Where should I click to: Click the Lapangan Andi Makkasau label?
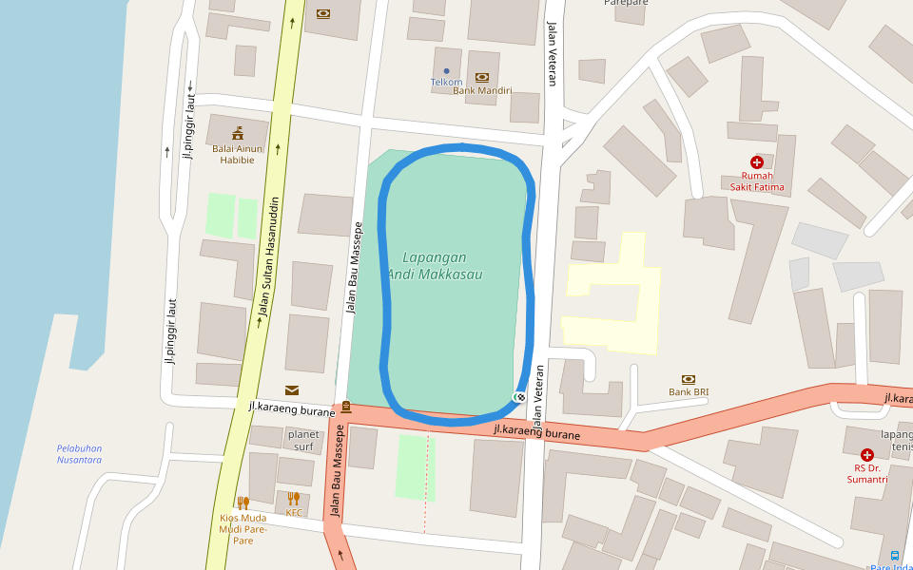[434, 265]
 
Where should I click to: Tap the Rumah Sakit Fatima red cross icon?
[757, 162]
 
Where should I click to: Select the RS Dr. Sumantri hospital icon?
[867, 455]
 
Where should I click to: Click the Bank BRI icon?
[689, 379]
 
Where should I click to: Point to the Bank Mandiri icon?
[482, 77]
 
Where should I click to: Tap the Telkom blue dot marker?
[446, 70]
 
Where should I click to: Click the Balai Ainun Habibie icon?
[237, 132]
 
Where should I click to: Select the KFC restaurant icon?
[294, 498]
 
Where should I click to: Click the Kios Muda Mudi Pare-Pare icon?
[243, 503]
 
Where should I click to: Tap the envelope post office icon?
[291, 389]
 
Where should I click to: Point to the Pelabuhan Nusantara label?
[79, 453]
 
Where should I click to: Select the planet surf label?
[302, 440]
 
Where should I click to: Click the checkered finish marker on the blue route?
[519, 397]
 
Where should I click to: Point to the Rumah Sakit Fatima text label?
[757, 181]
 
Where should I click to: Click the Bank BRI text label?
[689, 392]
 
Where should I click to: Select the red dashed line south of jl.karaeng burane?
[425, 484]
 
